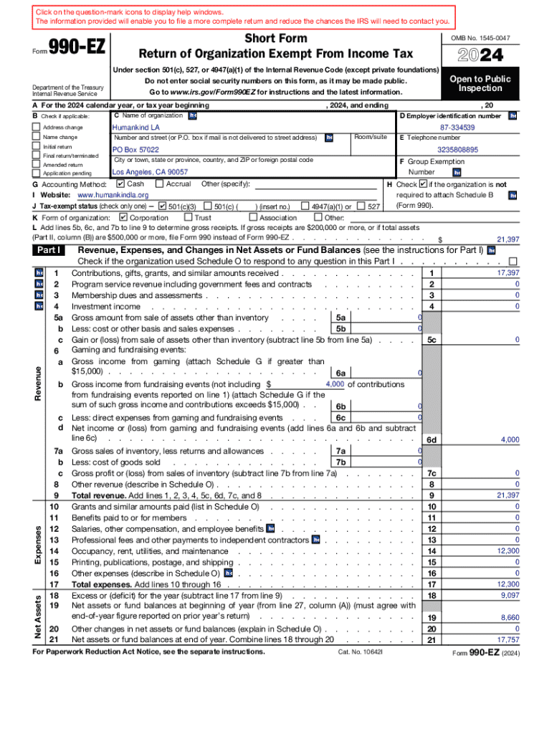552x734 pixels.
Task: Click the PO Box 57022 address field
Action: click(135, 150)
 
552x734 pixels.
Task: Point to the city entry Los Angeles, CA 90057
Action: click(150, 172)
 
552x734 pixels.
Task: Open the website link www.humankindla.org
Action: click(113, 195)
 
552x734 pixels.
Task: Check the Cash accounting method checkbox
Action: click(120, 184)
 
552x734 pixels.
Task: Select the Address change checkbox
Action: click(37, 128)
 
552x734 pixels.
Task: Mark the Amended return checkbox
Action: click(37, 164)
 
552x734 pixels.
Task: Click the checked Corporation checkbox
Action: click(123, 217)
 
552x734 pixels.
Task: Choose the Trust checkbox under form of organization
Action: click(188, 217)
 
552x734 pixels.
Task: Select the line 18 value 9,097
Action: click(509, 595)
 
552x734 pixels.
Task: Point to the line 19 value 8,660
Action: click(509, 617)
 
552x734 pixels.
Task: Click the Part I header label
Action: click(49, 250)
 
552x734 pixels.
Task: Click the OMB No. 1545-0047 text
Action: click(480, 37)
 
